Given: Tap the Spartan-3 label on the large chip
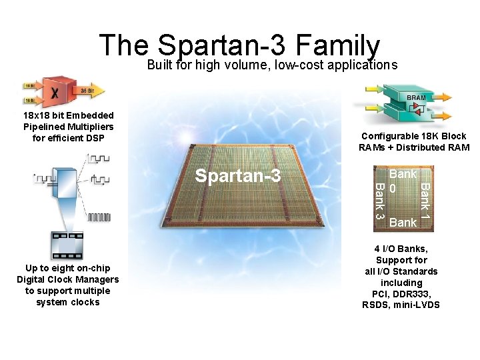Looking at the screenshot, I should [237, 176].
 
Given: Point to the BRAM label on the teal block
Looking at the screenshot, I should [416, 97].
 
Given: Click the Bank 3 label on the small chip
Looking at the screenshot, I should [379, 200].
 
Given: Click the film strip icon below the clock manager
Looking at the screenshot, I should [67, 245].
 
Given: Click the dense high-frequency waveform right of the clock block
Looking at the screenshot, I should [99, 217].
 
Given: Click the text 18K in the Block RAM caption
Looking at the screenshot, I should [427, 136].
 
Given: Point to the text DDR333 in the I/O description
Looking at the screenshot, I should [417, 294].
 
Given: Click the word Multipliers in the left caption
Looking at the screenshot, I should [89, 127].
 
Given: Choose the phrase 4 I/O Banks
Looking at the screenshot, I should [401, 249].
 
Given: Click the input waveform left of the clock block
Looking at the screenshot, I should [45, 179].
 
